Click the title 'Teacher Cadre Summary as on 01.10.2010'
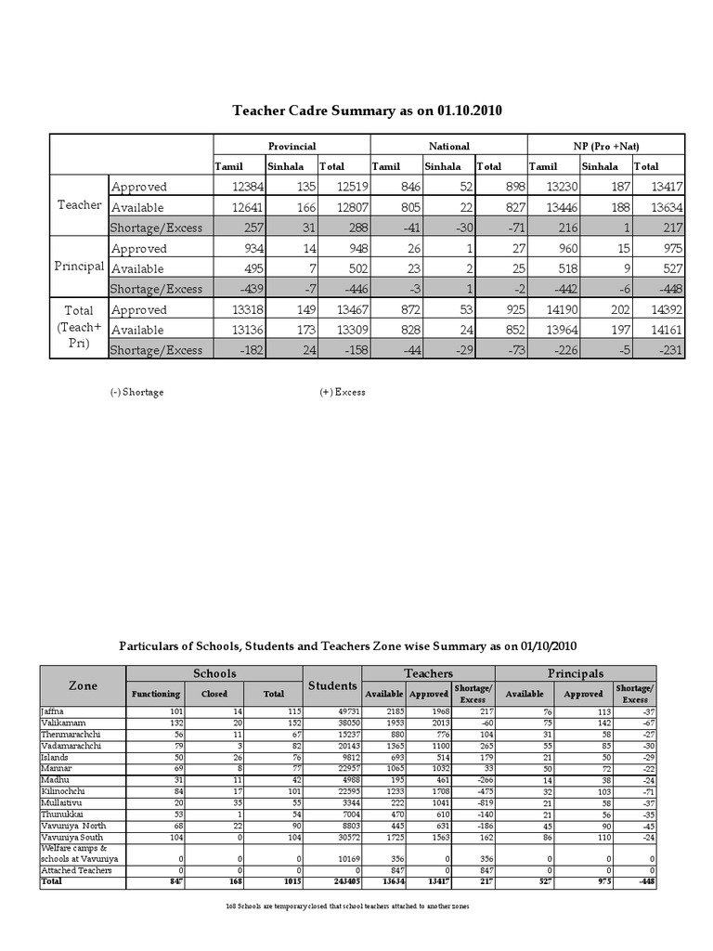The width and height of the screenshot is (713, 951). pos(366,111)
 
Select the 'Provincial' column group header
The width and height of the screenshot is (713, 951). pos(292,146)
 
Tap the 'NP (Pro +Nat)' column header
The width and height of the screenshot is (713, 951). pos(605,146)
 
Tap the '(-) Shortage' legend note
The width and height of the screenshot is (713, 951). pos(136,392)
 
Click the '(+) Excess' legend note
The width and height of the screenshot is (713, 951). pos(343,392)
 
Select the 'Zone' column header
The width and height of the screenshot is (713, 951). pos(83,684)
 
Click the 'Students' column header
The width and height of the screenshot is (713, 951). pos(332,685)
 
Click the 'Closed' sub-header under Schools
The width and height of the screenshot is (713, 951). pos(214,694)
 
